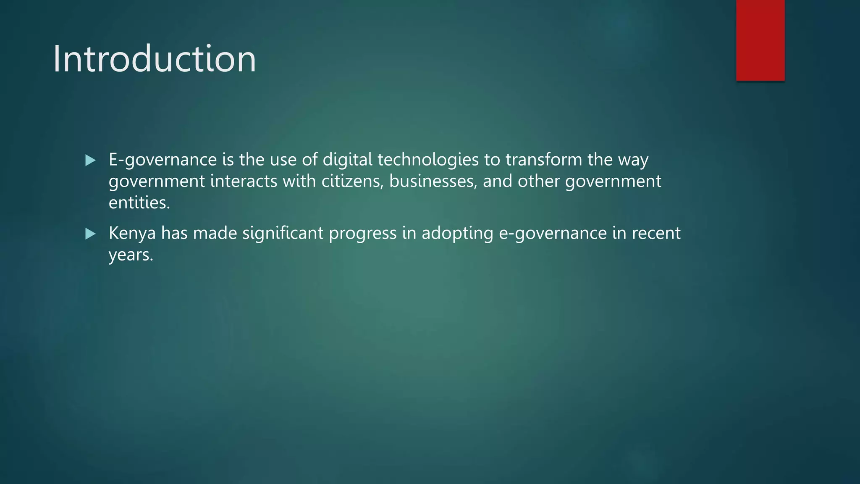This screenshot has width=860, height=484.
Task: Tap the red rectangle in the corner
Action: point(760,40)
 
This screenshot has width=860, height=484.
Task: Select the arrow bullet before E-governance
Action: point(90,160)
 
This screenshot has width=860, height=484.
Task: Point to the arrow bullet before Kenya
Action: point(90,234)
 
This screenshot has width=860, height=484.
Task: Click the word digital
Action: point(347,160)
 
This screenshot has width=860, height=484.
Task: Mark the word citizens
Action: point(352,181)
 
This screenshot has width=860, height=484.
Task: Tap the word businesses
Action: point(433,181)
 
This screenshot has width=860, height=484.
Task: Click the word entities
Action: point(139,203)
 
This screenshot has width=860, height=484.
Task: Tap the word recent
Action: point(656,234)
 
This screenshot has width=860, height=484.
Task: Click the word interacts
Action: point(244,181)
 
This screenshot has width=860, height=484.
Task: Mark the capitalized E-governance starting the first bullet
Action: point(163,160)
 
